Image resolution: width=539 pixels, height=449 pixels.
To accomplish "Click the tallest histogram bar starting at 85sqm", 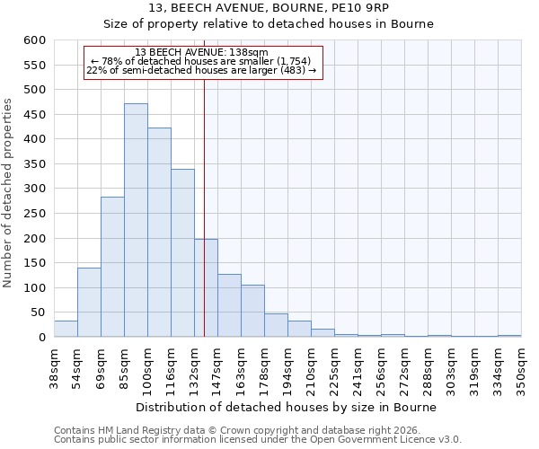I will click(x=136, y=220).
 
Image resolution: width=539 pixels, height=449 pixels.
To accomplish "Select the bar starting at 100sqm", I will click(x=159, y=233).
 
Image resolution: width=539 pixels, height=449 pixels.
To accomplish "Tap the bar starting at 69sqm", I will click(x=112, y=267).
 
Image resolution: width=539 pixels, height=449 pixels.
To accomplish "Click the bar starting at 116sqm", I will click(x=182, y=253).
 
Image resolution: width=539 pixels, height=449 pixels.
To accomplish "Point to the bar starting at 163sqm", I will click(x=252, y=311).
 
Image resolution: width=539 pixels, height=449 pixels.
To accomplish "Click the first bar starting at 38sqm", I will click(x=66, y=329).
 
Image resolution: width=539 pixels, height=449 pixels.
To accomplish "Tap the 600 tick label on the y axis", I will click(x=34, y=40).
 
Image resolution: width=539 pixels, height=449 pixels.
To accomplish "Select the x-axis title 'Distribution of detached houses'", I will click(x=287, y=407).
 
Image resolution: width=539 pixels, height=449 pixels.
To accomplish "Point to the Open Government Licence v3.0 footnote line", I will click(x=258, y=440).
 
